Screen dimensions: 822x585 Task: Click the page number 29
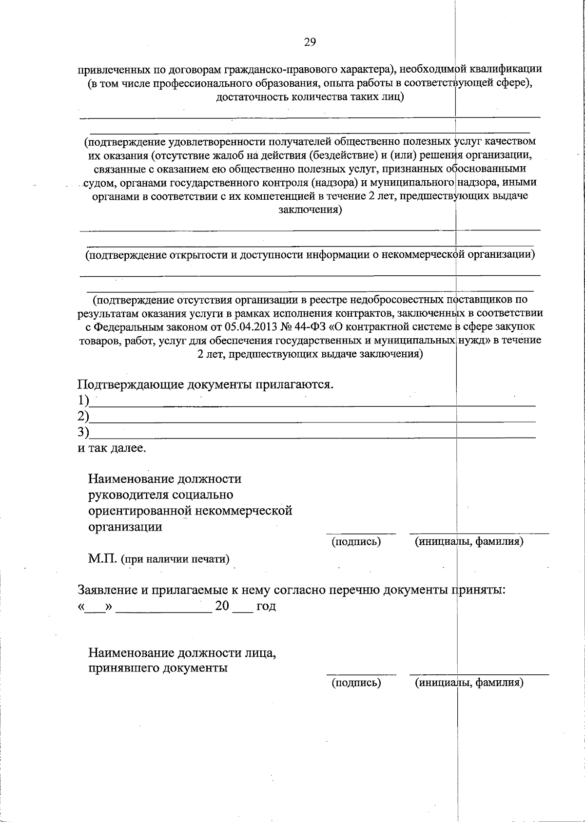click(310, 42)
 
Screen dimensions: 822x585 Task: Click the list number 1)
click(84, 401)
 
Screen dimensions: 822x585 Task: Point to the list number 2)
click(84, 416)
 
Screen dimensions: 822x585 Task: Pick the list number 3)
click(84, 432)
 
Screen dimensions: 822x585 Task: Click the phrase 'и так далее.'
click(112, 447)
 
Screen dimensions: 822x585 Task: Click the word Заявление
click(107, 590)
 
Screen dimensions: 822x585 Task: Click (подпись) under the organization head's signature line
click(356, 541)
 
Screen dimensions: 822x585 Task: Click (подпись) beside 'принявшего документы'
click(356, 683)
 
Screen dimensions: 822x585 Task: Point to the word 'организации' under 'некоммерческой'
click(125, 527)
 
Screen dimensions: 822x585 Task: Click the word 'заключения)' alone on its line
click(310, 210)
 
